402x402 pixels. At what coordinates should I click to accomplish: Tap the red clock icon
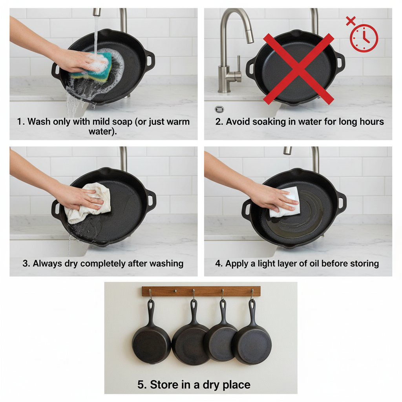tap(364, 38)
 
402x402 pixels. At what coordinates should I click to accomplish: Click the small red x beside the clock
tap(351, 21)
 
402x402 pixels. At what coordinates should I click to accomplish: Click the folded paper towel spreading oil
tap(285, 203)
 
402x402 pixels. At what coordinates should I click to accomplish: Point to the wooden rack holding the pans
tap(201, 291)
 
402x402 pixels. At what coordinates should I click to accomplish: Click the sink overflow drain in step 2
tap(219, 110)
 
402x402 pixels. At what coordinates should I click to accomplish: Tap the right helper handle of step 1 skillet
tap(150, 62)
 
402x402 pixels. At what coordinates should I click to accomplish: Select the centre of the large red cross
tap(298, 69)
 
